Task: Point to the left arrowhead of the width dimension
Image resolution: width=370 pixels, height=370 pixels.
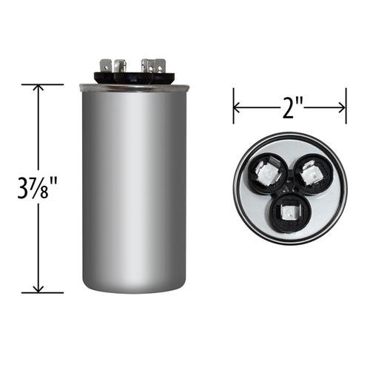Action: [x=237, y=107]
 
